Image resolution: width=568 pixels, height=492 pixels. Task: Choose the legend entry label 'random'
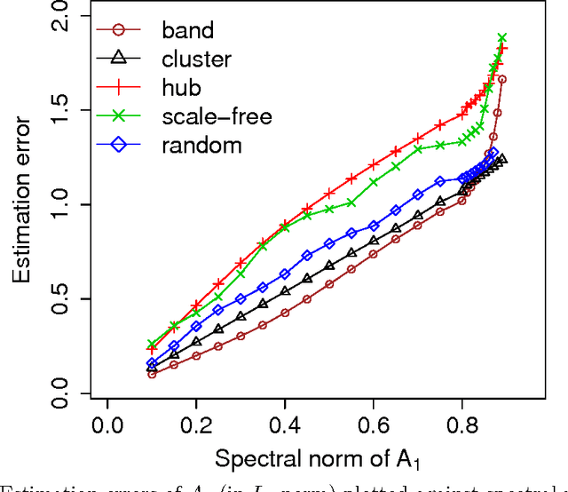(x=201, y=145)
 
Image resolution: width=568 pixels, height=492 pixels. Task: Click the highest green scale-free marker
(x=502, y=38)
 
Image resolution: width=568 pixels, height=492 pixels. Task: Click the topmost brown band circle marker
(x=502, y=79)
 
